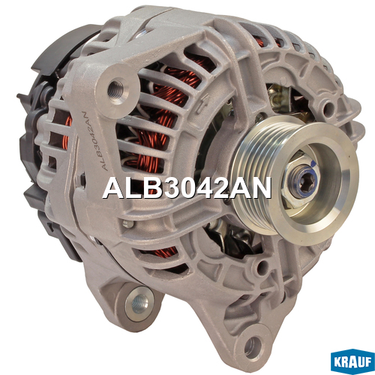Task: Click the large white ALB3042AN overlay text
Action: pos(187,188)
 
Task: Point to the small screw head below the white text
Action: pos(128,224)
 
